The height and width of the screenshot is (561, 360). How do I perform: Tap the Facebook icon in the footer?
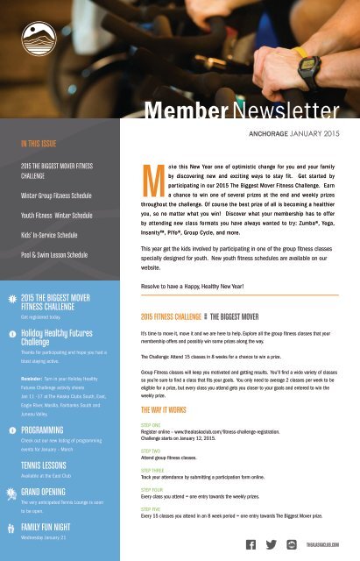251,545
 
